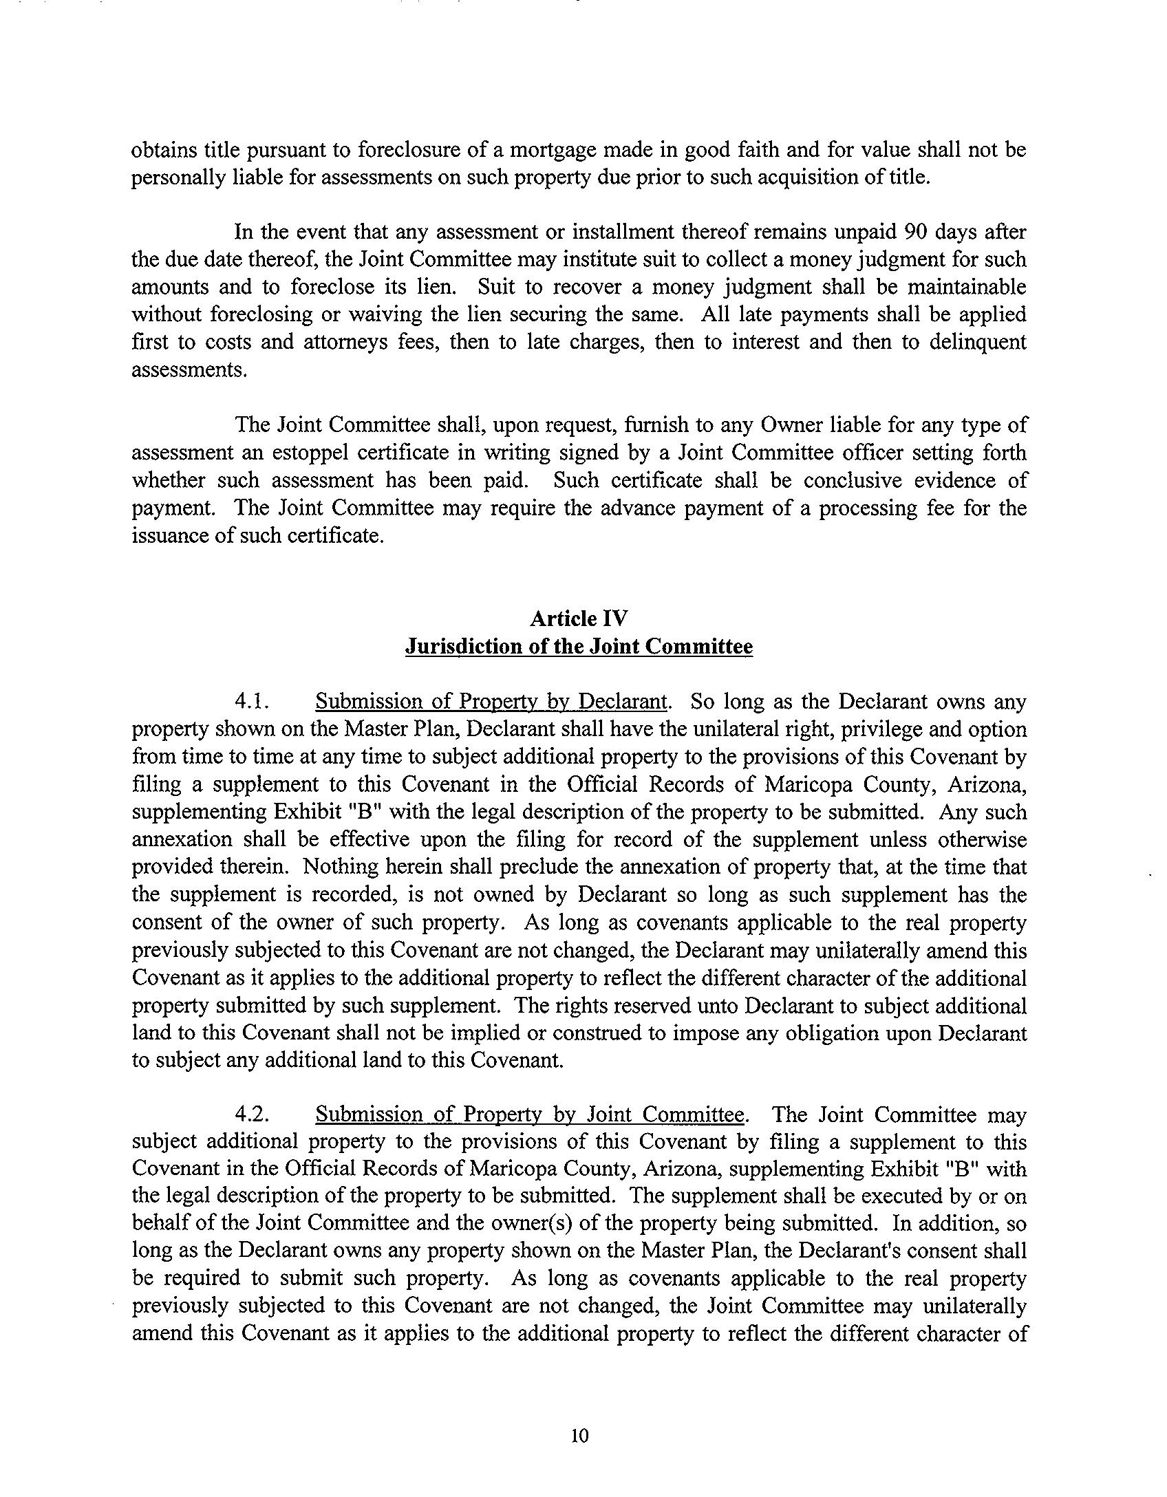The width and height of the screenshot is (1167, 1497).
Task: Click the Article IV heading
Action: click(x=579, y=618)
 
